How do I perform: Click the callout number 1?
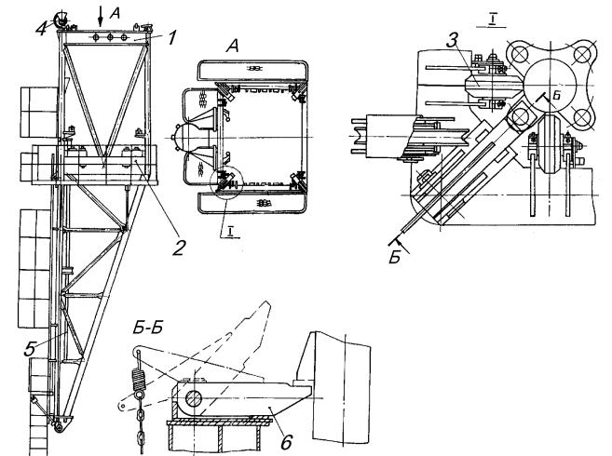tap(171, 37)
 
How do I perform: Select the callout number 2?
tap(179, 247)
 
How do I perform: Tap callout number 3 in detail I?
tap(452, 39)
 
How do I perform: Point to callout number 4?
tap(42, 29)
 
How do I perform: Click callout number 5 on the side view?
tap(30, 348)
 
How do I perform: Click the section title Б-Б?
tap(147, 329)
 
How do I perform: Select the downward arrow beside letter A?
tap(101, 17)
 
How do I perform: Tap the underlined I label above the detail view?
tap(492, 21)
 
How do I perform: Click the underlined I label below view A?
tap(231, 233)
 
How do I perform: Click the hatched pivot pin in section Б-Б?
tap(193, 399)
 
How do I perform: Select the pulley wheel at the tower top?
tap(61, 20)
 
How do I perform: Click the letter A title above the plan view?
tap(233, 47)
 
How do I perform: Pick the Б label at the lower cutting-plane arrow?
tap(395, 258)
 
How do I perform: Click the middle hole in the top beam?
tap(110, 37)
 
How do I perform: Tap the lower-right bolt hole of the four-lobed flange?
tap(581, 115)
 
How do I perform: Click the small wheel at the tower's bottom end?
tap(59, 427)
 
